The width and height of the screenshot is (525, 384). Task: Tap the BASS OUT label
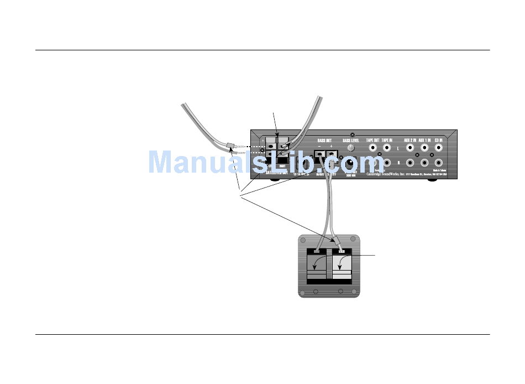(325, 141)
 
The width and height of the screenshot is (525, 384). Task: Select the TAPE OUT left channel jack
(372, 148)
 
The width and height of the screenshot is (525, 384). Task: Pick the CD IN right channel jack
(439, 163)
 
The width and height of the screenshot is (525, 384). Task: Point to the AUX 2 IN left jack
(410, 148)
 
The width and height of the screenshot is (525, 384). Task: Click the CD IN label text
(439, 140)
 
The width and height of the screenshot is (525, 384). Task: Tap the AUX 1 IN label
(424, 140)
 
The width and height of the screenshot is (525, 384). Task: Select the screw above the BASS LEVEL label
(353, 134)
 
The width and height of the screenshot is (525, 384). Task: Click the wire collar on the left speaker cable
(231, 146)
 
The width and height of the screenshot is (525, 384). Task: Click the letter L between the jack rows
(398, 149)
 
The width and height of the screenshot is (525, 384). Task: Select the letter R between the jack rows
(398, 164)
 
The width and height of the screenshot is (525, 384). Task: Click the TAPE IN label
(387, 140)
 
